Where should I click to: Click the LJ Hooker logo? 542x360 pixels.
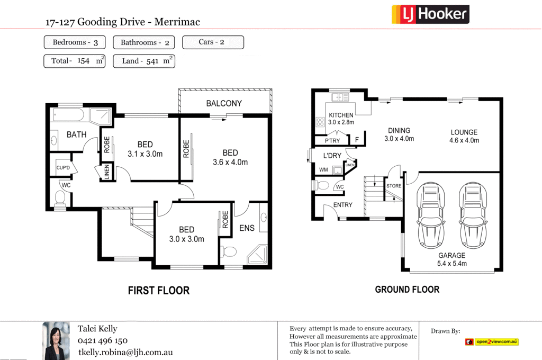[430, 14]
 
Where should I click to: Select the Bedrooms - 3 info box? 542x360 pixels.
[75, 42]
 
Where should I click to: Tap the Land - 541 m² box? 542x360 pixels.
[144, 61]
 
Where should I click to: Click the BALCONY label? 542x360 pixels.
[224, 103]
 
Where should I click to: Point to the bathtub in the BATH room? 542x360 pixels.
[68, 116]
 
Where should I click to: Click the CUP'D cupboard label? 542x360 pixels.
[64, 168]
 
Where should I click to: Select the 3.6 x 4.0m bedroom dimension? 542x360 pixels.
[230, 163]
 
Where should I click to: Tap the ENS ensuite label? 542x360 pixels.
[247, 228]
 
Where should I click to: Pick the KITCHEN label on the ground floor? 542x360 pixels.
[341, 115]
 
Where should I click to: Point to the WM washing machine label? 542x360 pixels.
[323, 170]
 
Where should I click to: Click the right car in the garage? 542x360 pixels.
[472, 215]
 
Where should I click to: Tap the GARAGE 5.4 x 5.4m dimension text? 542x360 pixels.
[451, 263]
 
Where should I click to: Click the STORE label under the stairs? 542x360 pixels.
[394, 186]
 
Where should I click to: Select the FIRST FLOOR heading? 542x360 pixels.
[158, 290]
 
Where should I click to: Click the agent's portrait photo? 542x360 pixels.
[56, 340]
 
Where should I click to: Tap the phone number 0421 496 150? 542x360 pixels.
[102, 340]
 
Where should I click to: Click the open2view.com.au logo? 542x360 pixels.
[492, 342]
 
